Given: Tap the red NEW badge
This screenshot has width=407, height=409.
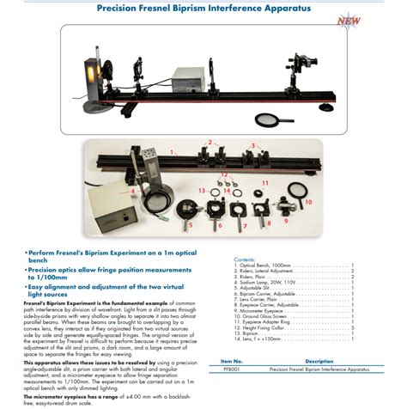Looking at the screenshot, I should (x=349, y=20).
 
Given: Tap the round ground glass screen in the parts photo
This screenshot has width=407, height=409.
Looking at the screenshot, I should (x=301, y=189).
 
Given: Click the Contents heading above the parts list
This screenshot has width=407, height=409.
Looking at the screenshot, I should (x=245, y=259).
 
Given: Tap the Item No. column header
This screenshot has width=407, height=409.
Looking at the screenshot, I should (x=233, y=362).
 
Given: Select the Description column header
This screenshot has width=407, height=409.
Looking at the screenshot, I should (x=319, y=362).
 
